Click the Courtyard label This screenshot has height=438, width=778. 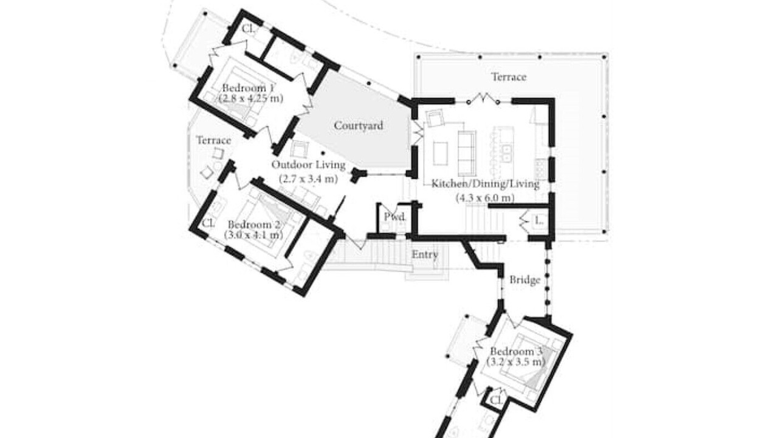point(359,125)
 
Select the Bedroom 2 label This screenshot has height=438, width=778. point(254,224)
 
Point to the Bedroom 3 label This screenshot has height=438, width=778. point(516,352)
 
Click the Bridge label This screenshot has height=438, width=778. point(525,280)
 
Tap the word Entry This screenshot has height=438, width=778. point(424,255)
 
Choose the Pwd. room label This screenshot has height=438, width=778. point(395,217)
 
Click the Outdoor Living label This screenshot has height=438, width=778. point(308,165)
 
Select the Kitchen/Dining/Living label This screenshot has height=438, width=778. point(485,184)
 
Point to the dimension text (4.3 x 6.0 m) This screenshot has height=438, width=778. point(485,198)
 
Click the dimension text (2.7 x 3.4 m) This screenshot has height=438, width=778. point(308,179)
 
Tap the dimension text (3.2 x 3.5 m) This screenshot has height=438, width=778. point(516,362)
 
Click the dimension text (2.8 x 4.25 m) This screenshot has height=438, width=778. point(251,99)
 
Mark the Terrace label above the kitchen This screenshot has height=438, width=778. point(509,77)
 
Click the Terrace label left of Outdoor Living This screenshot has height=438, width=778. point(213,141)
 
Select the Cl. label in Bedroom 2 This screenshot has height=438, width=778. point(208,223)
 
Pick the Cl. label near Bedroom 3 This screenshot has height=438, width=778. point(497,401)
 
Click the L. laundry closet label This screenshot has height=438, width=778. point(539,220)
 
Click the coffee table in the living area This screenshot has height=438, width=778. point(441,153)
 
